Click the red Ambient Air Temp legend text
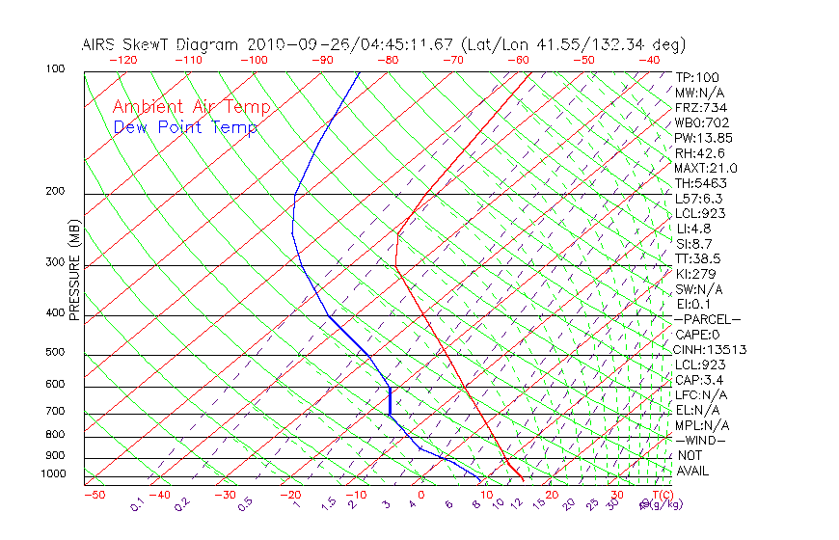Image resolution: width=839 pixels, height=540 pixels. [x=192, y=107]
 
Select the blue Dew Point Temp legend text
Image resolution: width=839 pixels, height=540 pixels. [x=185, y=128]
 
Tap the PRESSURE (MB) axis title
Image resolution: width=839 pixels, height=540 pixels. [x=74, y=271]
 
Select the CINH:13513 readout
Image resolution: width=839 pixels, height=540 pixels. [x=710, y=349]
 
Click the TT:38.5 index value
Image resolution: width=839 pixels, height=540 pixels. [x=698, y=258]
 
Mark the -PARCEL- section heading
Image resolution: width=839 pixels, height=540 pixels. [x=707, y=319]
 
